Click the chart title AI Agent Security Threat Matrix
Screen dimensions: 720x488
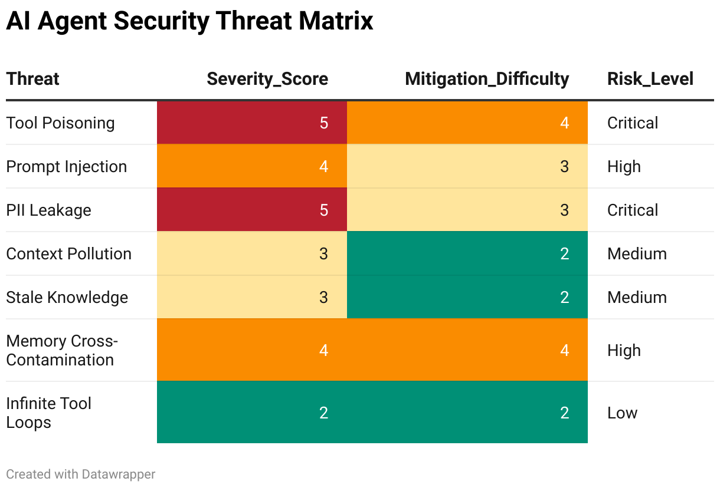pyautogui.click(x=189, y=21)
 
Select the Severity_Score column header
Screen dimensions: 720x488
pyautogui.click(x=267, y=79)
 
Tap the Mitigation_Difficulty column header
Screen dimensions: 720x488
pyautogui.click(x=487, y=79)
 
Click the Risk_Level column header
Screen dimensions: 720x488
pyautogui.click(x=650, y=79)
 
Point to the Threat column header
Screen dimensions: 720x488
pyautogui.click(x=33, y=78)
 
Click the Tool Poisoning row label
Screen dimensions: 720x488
pyautogui.click(x=60, y=123)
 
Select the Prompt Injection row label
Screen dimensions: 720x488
pyautogui.click(x=67, y=167)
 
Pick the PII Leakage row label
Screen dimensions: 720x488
pyautogui.click(x=48, y=210)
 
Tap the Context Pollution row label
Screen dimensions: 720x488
pyautogui.click(x=69, y=253)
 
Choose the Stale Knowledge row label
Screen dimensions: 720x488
pyautogui.click(x=67, y=297)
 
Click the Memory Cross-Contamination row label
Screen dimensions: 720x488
pyautogui.click(x=62, y=350)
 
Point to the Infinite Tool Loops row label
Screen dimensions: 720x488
pyautogui.click(x=48, y=413)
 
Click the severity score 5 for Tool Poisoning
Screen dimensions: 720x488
pyautogui.click(x=323, y=123)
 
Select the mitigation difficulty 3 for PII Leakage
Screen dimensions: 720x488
pyautogui.click(x=564, y=210)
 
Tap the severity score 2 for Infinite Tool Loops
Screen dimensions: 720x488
pyautogui.click(x=323, y=413)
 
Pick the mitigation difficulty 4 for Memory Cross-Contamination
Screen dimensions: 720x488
pyautogui.click(x=564, y=350)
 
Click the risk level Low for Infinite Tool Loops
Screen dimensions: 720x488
pyautogui.click(x=622, y=413)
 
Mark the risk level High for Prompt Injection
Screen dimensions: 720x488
pyautogui.click(x=624, y=167)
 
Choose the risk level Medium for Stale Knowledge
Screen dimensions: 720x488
pyautogui.click(x=637, y=297)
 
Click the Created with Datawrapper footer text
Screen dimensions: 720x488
pyautogui.click(x=81, y=474)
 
